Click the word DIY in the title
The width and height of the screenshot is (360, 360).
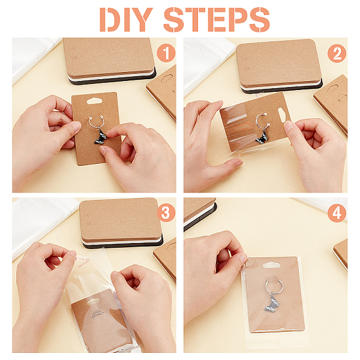point(126,20)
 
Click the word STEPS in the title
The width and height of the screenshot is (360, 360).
point(217,20)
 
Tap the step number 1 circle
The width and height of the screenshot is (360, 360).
point(166,53)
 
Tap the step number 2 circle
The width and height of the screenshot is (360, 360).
point(337,53)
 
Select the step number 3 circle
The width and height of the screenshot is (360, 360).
point(166,213)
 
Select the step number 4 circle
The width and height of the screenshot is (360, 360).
point(337,213)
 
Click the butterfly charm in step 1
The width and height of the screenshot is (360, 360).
point(101,137)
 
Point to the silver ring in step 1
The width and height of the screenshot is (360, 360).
point(95,120)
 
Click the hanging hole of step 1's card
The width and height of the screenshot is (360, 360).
point(94,101)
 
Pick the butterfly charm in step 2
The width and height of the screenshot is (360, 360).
point(262,138)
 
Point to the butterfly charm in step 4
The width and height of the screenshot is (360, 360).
point(272,303)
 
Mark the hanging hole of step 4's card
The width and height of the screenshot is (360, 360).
point(271,266)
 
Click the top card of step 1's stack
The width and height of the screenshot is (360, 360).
point(109,56)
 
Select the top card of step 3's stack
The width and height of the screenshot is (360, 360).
point(121,218)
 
